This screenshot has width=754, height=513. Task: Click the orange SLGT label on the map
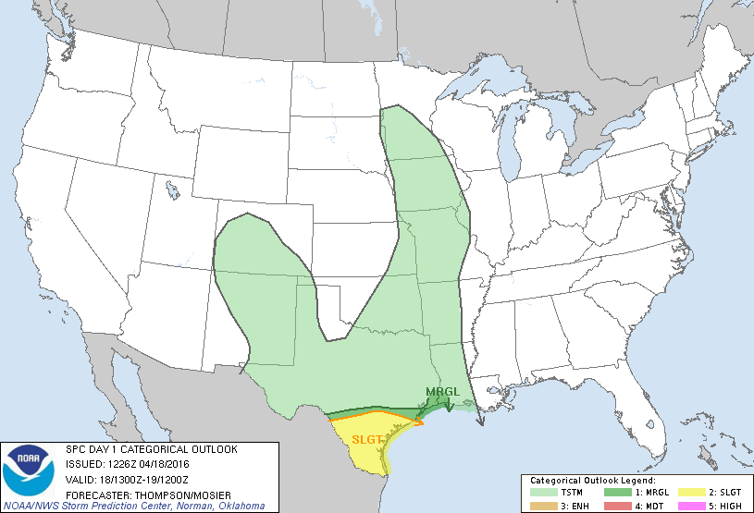coord(366,439)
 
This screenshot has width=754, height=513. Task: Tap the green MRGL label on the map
coord(441,393)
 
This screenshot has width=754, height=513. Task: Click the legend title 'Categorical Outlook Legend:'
coord(592,481)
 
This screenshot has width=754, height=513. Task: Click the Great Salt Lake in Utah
coord(172,190)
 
